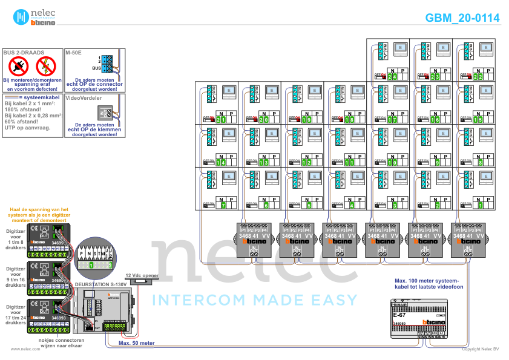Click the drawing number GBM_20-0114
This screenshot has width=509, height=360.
point(462,18)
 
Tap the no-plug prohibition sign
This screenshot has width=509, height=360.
point(19,66)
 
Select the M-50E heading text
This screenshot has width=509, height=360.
point(73,53)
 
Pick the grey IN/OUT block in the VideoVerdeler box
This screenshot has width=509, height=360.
point(107,111)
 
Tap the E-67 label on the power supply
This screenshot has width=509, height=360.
point(399,315)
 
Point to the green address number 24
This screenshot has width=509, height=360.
point(393,77)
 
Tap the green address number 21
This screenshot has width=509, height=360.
point(221,120)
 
